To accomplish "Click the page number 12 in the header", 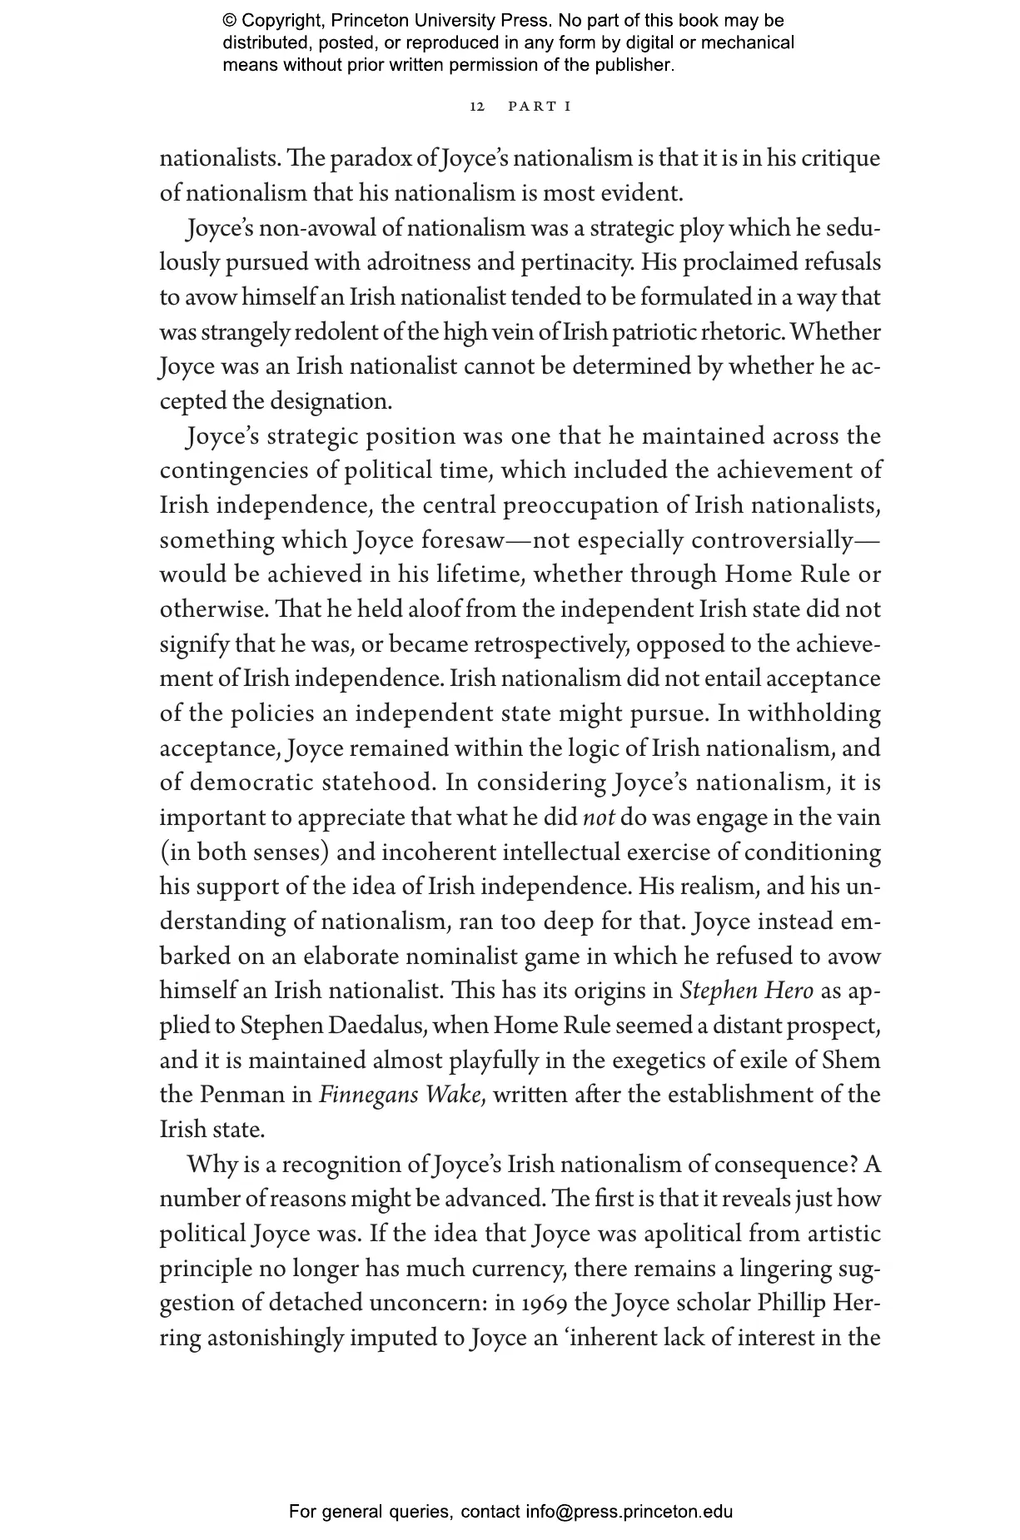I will click(477, 107).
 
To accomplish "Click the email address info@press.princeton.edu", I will click(629, 1512).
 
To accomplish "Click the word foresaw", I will click(461, 540).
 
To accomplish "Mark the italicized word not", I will click(599, 817).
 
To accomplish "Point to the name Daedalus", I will click(374, 1026).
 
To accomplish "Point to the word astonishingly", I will click(275, 1338).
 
